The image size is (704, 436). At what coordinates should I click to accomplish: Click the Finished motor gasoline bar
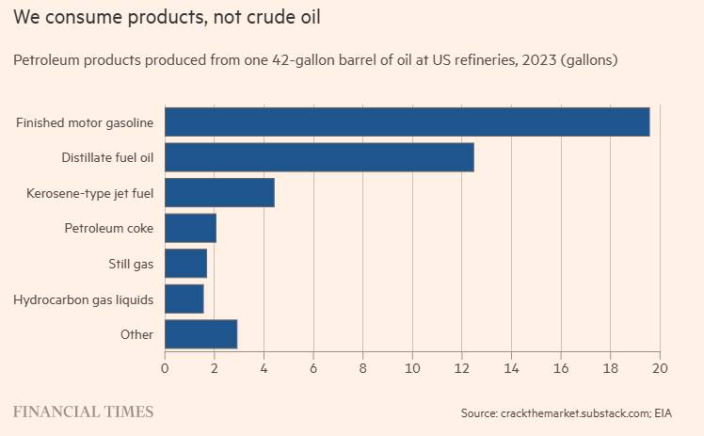coord(408,121)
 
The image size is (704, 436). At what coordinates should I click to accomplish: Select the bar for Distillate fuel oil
coord(319,157)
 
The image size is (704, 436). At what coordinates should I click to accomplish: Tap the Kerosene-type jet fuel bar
coord(219,193)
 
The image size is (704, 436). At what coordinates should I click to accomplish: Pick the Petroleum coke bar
coord(190,228)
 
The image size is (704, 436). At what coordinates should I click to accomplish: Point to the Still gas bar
coord(185,263)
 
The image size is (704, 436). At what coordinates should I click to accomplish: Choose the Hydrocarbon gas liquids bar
coord(184,299)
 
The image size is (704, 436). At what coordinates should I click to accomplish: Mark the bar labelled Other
coord(200,334)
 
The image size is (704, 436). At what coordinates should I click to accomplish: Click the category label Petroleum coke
coord(109,228)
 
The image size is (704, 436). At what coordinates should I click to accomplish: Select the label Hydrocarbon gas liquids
coord(84,299)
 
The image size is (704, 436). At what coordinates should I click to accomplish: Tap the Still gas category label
coord(131,264)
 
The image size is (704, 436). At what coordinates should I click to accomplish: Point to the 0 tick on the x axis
coord(165,368)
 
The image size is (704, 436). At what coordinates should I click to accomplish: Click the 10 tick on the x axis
coord(412,368)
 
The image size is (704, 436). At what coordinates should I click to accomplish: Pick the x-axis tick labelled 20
coord(660,368)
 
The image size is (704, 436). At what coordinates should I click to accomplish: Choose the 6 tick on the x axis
coord(313,368)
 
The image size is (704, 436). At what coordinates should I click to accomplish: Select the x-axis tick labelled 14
coord(511,368)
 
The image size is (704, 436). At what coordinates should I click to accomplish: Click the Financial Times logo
coord(83,412)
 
